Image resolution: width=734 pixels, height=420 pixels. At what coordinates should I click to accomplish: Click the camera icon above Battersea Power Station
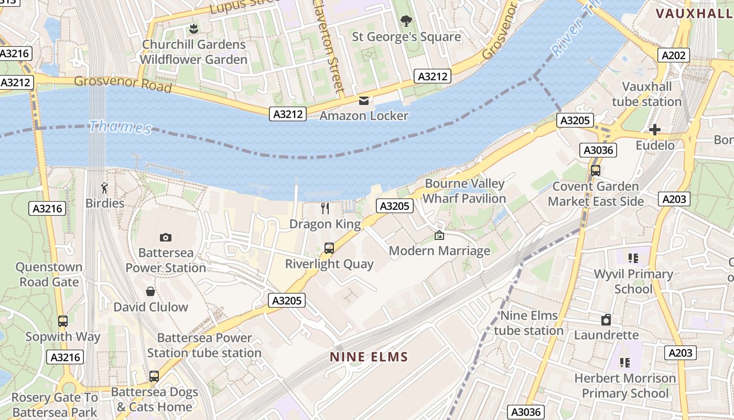166,238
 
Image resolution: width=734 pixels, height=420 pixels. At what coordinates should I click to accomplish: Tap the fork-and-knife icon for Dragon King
325,208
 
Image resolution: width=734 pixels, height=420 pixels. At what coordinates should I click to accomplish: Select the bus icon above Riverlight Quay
329,248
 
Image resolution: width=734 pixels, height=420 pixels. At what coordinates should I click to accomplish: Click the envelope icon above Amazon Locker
364,100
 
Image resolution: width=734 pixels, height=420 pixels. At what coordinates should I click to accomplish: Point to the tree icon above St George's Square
406,21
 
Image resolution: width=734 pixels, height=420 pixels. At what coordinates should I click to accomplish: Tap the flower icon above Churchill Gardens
193,28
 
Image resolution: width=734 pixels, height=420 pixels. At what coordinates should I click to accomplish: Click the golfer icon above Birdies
105,187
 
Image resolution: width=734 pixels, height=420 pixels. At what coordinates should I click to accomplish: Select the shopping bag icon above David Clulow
150,291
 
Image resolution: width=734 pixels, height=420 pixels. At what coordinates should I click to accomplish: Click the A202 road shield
674,55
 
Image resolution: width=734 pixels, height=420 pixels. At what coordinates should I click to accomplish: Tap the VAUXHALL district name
694,14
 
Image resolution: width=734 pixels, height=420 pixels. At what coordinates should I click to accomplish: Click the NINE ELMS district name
369,358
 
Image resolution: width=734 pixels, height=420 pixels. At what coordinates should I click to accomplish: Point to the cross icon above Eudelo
655,130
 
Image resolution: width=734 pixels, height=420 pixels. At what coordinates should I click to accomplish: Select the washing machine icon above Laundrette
606,320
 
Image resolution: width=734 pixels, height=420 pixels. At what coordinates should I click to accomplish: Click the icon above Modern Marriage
439,236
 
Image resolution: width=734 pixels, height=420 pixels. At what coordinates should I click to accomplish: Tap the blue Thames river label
120,127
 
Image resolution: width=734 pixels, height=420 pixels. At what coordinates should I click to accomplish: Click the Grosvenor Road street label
123,83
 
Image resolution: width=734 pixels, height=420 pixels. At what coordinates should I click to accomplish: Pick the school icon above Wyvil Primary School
633,258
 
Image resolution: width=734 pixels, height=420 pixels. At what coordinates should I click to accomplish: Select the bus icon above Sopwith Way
63,321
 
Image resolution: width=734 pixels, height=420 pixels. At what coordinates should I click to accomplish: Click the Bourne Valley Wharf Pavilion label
464,191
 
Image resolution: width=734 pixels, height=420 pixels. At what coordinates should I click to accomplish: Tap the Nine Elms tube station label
528,323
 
